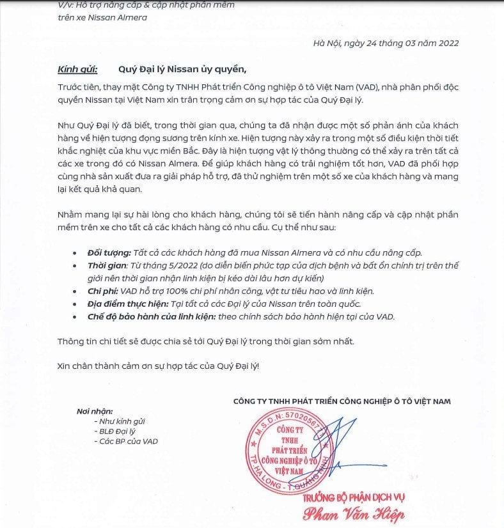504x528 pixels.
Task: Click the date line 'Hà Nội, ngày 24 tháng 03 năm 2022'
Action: (x=386, y=43)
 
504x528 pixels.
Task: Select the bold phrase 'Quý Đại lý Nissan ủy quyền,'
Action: (x=182, y=68)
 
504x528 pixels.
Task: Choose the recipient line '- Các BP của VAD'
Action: (x=125, y=441)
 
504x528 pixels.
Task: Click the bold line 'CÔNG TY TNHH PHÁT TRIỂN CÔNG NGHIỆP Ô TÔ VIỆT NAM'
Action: (x=342, y=401)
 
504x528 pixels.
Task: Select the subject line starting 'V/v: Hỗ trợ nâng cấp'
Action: (x=146, y=5)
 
